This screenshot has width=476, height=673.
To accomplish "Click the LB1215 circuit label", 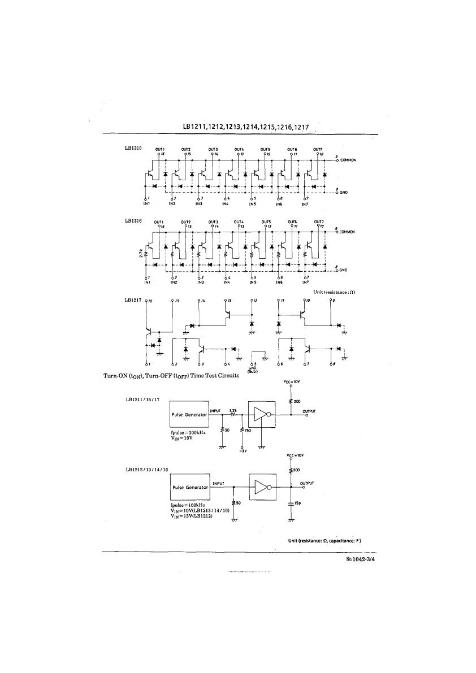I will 133,147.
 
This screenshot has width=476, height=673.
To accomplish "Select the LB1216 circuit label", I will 133,220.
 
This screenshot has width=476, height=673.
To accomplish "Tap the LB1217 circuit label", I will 133,300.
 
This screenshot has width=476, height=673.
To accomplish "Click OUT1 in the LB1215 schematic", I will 160,149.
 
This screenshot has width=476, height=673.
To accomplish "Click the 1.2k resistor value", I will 232,411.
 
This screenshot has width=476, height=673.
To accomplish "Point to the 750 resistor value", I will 248,431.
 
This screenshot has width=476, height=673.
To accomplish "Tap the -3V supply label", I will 243,451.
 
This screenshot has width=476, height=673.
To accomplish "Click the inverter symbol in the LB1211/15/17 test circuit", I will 261,415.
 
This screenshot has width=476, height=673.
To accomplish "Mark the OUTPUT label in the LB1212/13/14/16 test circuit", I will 307,483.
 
